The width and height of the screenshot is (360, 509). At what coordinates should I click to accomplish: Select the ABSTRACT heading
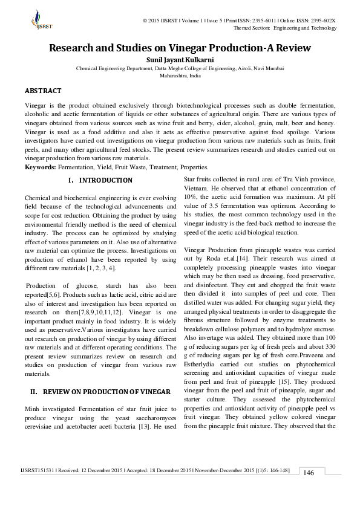tap(42, 91)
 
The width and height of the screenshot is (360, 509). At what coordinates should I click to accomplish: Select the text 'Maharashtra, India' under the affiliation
tap(180, 77)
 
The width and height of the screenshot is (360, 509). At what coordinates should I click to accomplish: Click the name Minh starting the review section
tap(32, 409)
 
